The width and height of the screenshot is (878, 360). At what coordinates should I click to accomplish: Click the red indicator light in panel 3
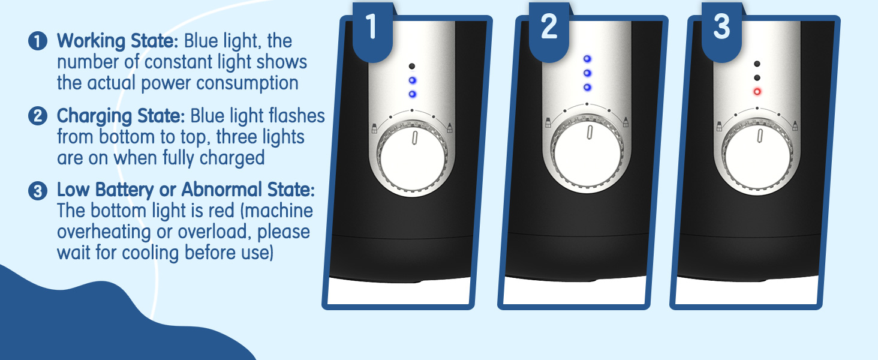pos(757,92)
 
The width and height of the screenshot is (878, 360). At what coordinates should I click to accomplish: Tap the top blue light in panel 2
pos(587,59)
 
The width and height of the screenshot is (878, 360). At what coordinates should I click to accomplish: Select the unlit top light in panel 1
pos(411,67)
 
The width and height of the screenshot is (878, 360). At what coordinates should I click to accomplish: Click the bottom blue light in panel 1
pos(411,94)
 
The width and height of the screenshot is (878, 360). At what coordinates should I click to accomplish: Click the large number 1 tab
pos(372,28)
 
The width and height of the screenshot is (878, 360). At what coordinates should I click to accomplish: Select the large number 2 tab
pos(549,28)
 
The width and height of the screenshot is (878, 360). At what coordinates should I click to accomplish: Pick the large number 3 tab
pos(721,28)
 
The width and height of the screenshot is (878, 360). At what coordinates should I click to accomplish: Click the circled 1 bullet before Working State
pos(37,42)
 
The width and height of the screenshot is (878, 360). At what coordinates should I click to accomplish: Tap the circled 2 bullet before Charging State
pos(37,116)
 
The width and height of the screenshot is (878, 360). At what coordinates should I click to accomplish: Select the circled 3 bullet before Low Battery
pos(37,191)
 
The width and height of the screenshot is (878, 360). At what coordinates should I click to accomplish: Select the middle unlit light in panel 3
pos(757,78)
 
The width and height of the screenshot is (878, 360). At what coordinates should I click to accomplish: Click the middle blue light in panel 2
pos(587,73)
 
